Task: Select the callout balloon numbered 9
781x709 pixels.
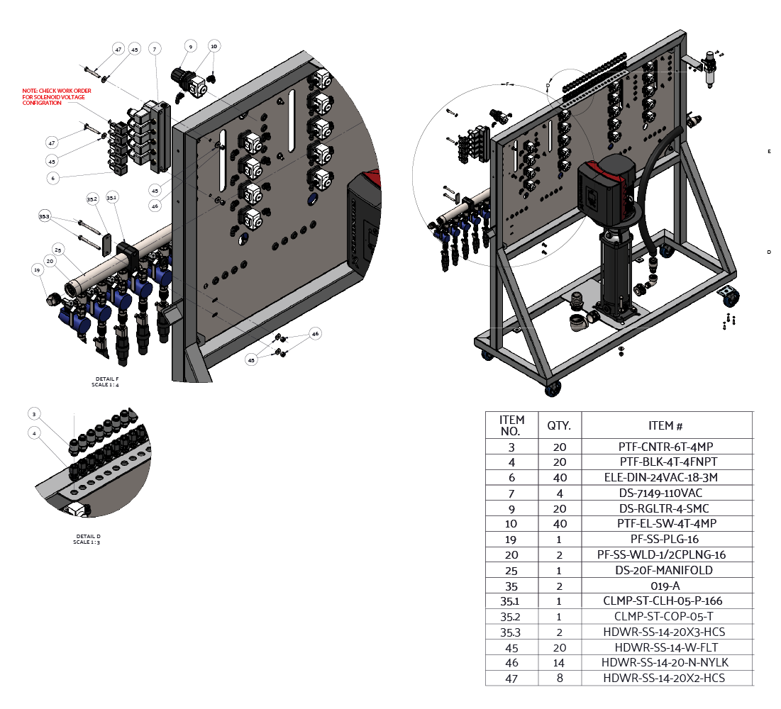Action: pyautogui.click(x=189, y=46)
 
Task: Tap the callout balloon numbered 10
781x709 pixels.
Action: pyautogui.click(x=214, y=46)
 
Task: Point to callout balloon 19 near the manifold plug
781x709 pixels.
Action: pyautogui.click(x=36, y=269)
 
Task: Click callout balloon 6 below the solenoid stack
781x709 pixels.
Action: pyautogui.click(x=52, y=178)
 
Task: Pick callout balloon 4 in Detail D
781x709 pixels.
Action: pyautogui.click(x=33, y=432)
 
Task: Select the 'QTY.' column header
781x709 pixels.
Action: pyautogui.click(x=559, y=425)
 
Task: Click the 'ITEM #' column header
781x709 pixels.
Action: pyautogui.click(x=665, y=425)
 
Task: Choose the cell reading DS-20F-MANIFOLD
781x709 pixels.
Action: pyautogui.click(x=665, y=570)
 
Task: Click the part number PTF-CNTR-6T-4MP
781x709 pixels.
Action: pyautogui.click(x=665, y=447)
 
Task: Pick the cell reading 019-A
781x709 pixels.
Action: pyautogui.click(x=665, y=586)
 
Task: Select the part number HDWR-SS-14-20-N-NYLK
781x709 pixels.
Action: pyautogui.click(x=665, y=663)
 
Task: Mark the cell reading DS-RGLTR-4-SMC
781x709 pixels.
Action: pyautogui.click(x=665, y=508)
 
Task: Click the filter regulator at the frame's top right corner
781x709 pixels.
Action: pyautogui.click(x=710, y=67)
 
